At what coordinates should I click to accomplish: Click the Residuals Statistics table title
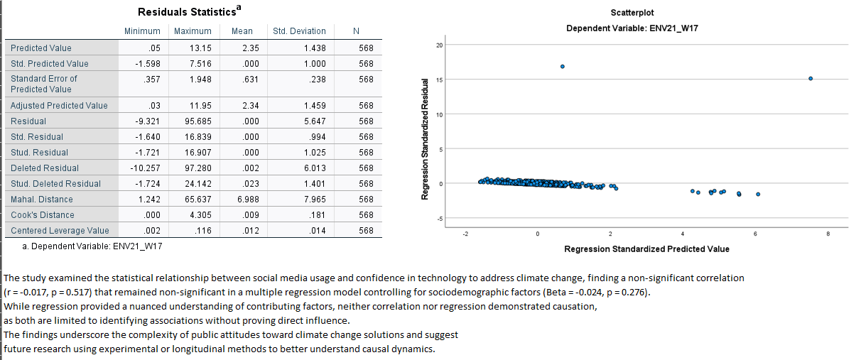pos(187,12)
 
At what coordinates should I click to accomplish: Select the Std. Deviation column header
pos(299,31)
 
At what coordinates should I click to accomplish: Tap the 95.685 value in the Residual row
pos(197,121)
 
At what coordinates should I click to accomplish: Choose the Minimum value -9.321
pos(145,121)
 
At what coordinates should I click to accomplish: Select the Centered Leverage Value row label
pos(60,231)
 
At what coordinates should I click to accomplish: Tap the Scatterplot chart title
pos(632,13)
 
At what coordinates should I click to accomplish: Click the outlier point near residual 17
pos(563,67)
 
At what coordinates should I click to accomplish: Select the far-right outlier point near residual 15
pos(810,78)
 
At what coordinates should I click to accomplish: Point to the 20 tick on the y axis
pos(439,45)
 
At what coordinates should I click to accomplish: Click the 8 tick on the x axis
pos(828,234)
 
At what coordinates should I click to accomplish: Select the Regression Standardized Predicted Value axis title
pos(646,249)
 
